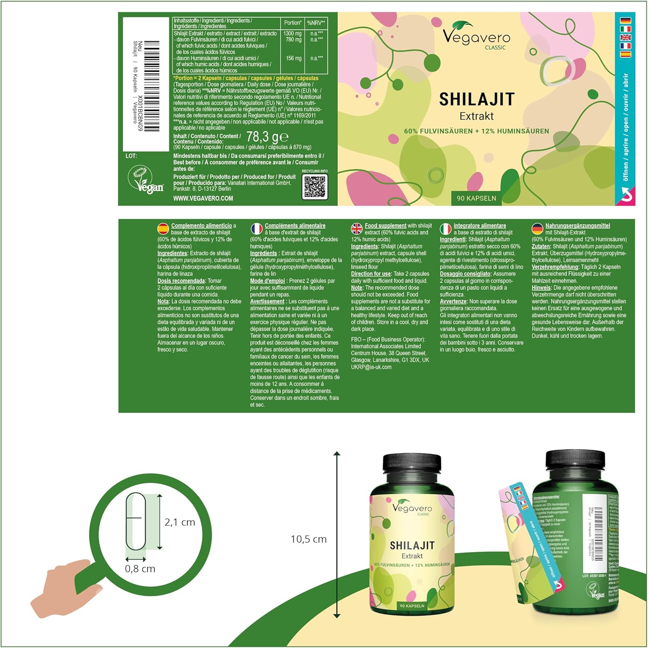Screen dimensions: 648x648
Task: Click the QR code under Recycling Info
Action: coord(314,187)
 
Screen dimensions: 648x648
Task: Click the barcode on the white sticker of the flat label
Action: coord(152,86)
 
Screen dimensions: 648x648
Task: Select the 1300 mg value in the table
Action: coord(292,33)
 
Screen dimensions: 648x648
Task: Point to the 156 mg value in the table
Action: coord(294,58)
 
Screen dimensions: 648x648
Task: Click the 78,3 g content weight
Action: coord(267,137)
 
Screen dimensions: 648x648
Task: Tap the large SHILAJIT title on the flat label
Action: coord(476,99)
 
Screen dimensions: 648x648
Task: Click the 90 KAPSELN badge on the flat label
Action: coord(476,198)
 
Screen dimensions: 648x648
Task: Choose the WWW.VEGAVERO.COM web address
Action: coord(203,198)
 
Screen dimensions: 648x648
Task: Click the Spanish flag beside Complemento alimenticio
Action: coord(163,229)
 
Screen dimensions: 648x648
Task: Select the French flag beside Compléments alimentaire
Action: coord(257,229)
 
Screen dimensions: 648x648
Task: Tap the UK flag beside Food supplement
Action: coord(357,229)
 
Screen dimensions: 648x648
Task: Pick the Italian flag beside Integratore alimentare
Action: coord(445,229)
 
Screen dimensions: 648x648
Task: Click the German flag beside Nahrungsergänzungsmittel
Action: coord(537,229)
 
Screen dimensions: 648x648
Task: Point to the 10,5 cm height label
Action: coord(308,539)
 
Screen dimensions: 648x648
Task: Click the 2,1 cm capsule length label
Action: coord(180,522)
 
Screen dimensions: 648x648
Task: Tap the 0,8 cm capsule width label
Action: coord(140,569)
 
